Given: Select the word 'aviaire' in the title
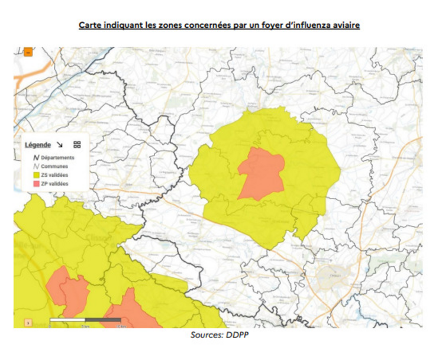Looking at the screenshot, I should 344,27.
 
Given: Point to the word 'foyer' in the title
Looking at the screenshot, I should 266,27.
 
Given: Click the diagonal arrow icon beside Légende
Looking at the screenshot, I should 60,145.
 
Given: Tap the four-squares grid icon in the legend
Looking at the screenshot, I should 77,145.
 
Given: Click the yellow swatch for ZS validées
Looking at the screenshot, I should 36,176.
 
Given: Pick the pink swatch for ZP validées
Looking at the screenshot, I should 36,184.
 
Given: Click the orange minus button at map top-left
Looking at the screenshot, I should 28,52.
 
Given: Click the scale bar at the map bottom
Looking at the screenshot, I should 85,320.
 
